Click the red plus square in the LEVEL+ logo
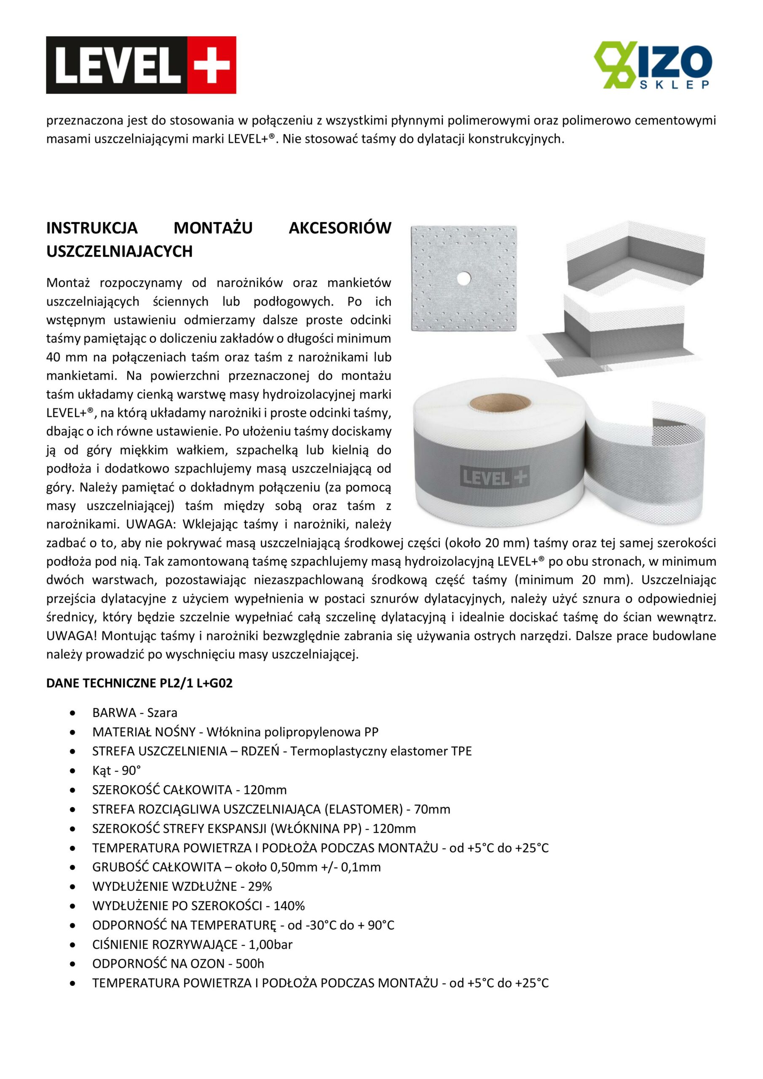(211, 65)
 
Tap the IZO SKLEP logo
(653, 65)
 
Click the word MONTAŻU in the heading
(213, 228)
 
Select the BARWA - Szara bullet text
(135, 712)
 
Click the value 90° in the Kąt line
(131, 771)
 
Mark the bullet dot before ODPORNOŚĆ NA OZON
(72, 964)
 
